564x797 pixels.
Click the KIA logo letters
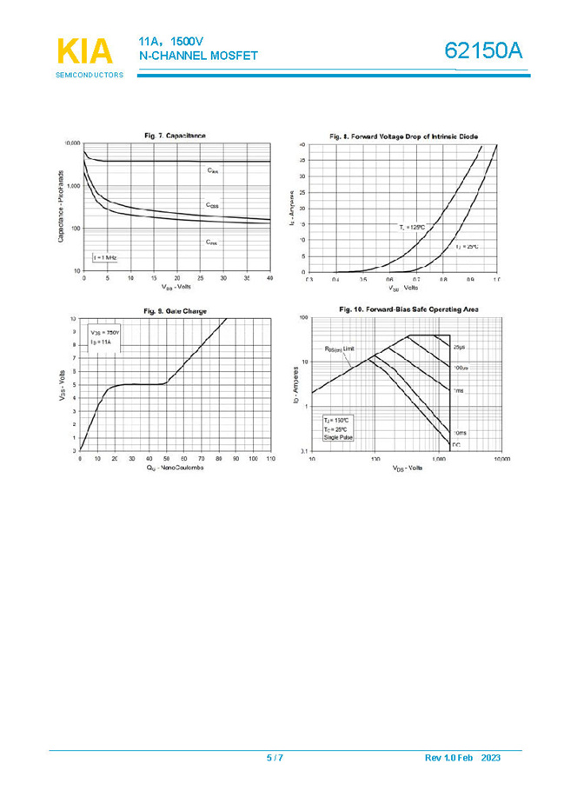[85, 51]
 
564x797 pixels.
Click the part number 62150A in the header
[484, 51]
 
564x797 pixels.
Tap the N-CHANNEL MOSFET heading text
[198, 56]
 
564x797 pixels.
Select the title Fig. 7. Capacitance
[175, 135]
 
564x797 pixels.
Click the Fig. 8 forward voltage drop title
[403, 136]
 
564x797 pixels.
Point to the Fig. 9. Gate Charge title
[175, 310]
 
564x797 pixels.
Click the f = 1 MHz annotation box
[105, 258]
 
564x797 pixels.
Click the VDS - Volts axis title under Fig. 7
[176, 286]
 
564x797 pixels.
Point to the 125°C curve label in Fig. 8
[412, 227]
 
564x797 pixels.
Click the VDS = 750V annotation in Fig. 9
[105, 333]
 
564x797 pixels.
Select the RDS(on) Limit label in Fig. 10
[340, 349]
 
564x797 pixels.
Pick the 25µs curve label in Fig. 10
[461, 347]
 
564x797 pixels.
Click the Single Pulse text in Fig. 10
[337, 437]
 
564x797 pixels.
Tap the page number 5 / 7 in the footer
[275, 758]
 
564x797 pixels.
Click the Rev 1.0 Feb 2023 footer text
[462, 758]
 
